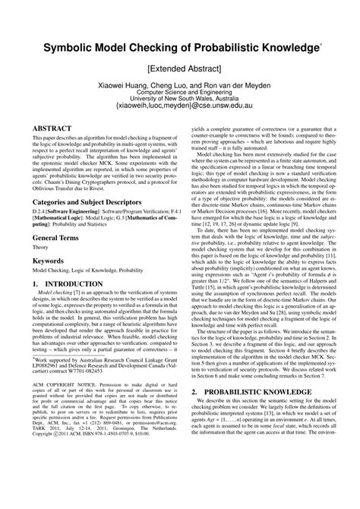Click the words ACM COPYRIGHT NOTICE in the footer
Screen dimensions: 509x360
[x=59, y=425]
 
